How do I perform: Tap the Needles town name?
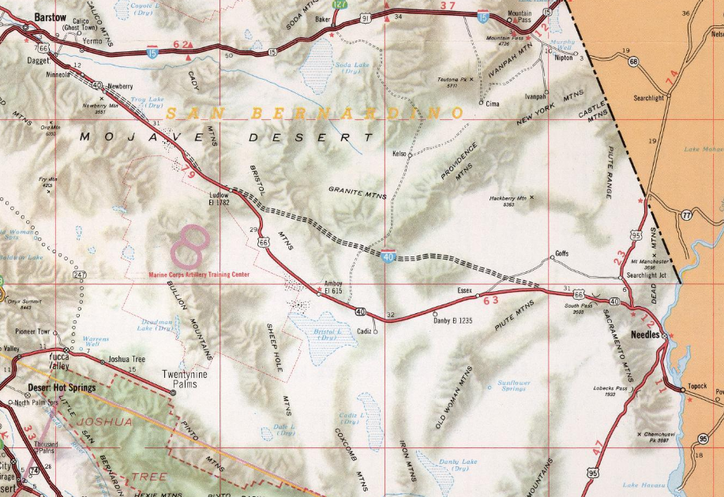(647, 334)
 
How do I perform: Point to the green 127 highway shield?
(339, 4)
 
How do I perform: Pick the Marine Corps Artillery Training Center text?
(199, 275)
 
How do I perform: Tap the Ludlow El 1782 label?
(219, 198)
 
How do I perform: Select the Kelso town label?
(400, 154)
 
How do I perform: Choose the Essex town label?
(464, 290)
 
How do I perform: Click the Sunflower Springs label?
(512, 386)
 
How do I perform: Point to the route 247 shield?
(79, 275)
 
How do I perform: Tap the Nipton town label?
(565, 58)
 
